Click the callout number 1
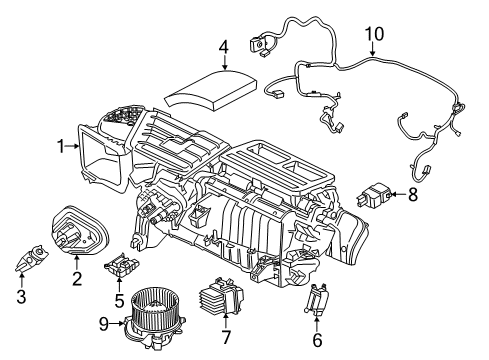pos(62,147)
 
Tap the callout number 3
pos(21,296)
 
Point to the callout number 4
pos(225,45)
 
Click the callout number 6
pos(317,339)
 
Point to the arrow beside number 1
pos(76,147)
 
